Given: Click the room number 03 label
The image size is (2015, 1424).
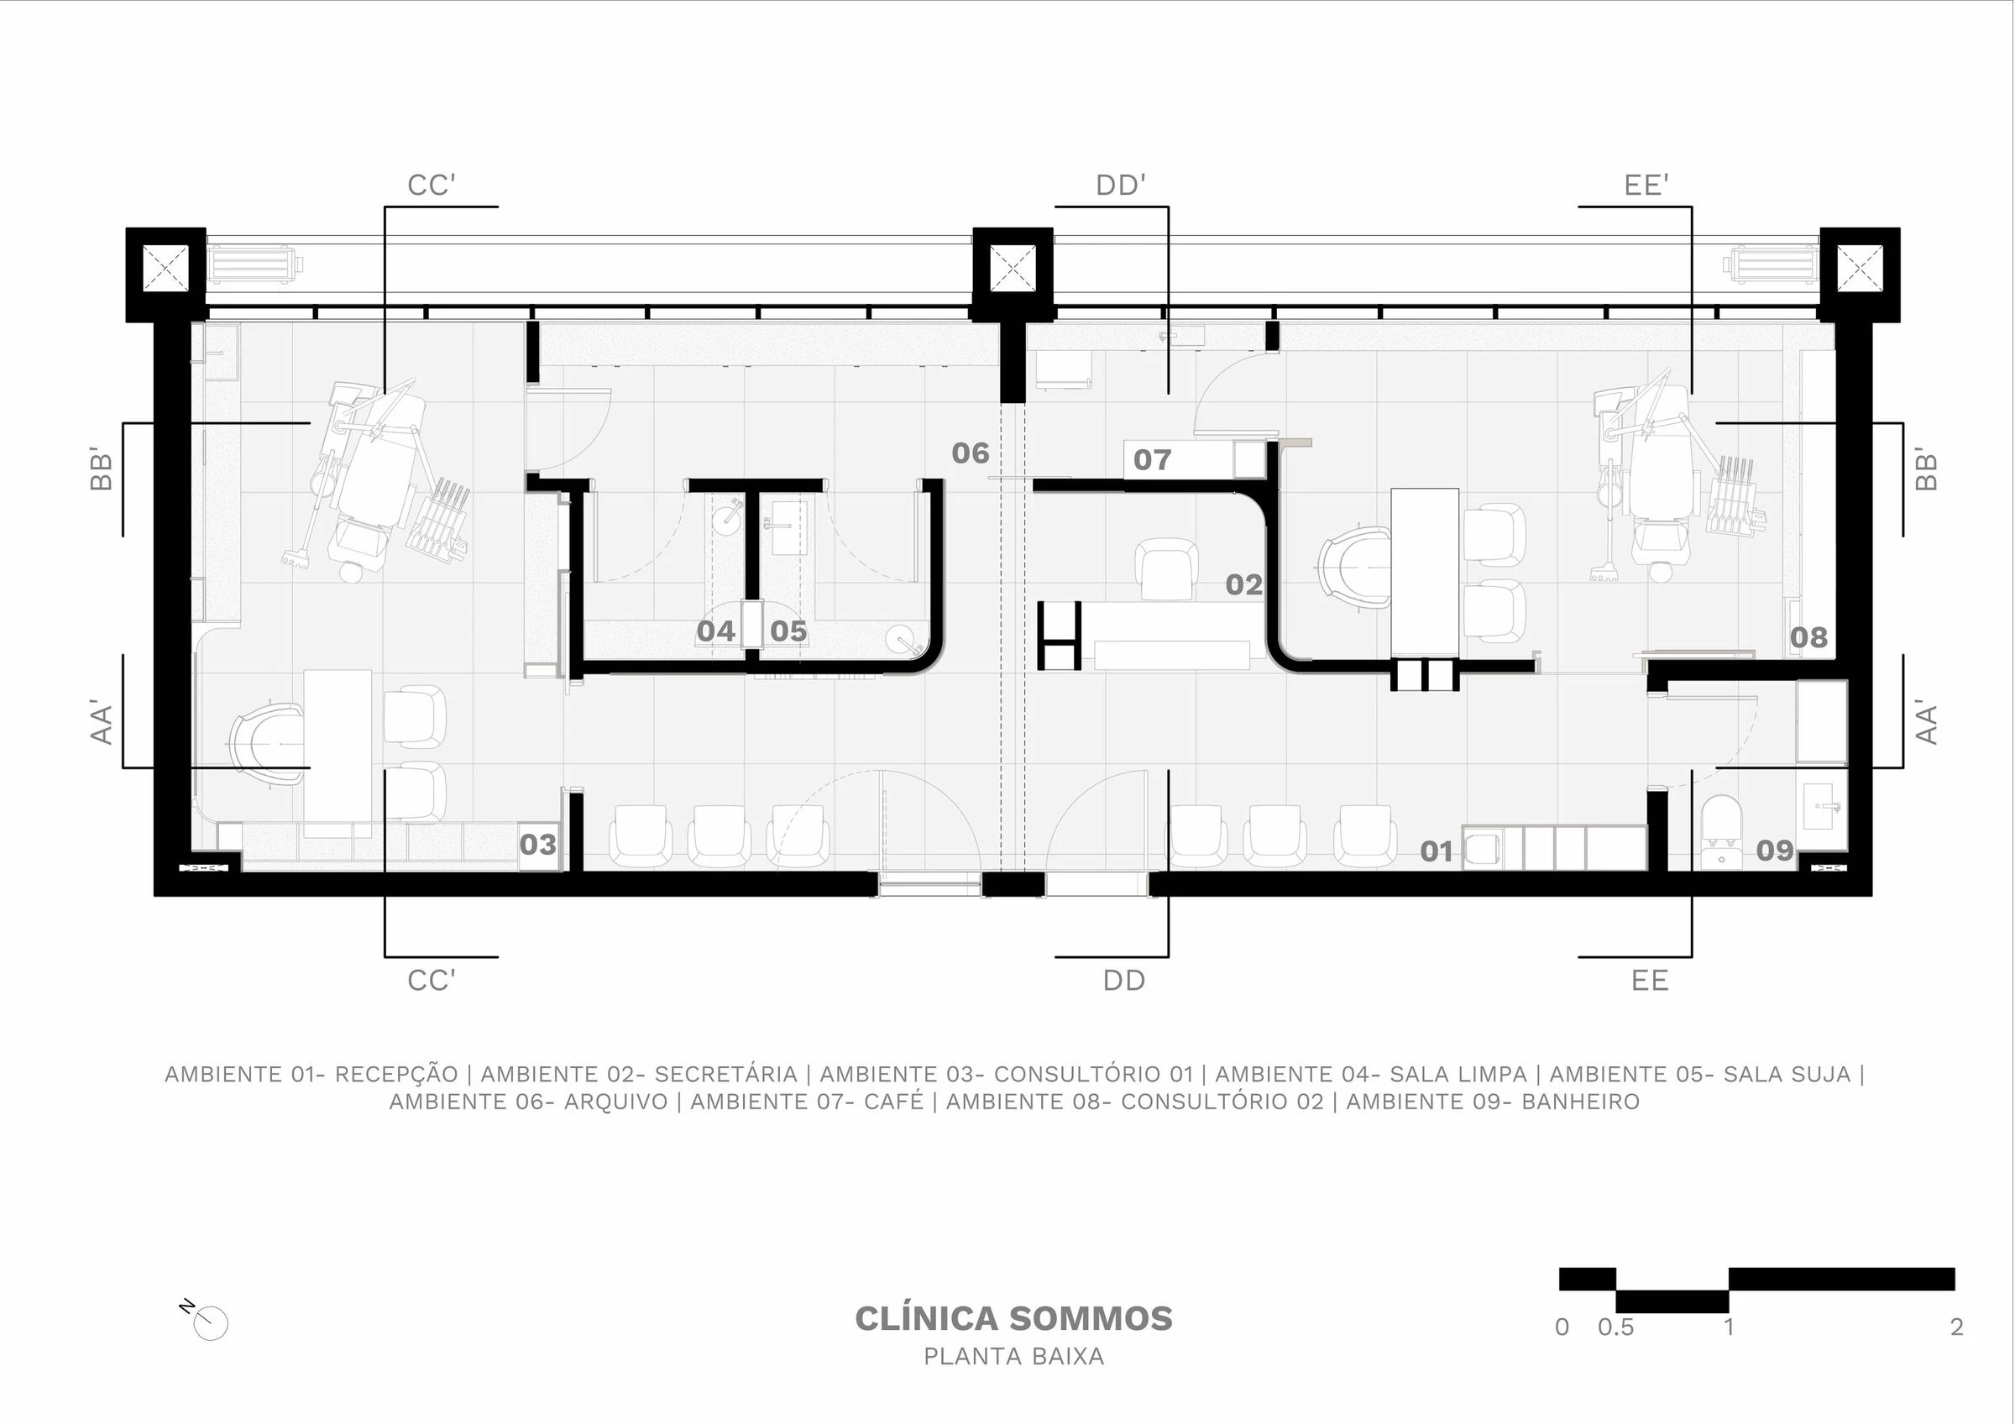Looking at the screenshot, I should click(x=537, y=844).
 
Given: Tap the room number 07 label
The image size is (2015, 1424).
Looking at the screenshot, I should click(x=1151, y=459).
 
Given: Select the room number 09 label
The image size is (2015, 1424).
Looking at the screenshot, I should click(x=1774, y=850).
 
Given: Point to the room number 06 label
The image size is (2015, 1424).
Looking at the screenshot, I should click(x=970, y=453).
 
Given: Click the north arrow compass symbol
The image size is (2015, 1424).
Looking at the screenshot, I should click(x=210, y=1322).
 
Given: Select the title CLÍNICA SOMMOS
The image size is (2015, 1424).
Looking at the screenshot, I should click(x=1013, y=1319).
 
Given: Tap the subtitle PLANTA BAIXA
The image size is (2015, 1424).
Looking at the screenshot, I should click(x=1013, y=1357).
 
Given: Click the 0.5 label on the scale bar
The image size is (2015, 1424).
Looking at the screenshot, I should click(x=1615, y=1327).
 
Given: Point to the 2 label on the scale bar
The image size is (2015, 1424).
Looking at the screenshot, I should click(x=1956, y=1327).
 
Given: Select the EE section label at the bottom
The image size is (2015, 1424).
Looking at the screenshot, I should click(x=1649, y=980).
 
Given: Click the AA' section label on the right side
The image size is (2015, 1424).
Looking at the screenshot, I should click(x=1924, y=722).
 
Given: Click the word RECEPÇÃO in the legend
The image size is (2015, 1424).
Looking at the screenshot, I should click(x=396, y=1074).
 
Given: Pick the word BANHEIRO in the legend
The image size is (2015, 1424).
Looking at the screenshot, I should click(x=1580, y=1102).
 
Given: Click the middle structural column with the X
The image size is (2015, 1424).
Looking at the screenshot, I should click(x=1012, y=268).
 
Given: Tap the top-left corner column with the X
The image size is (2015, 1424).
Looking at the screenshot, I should click(x=166, y=268).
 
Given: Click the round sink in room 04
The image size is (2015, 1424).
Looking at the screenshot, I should click(x=727, y=518).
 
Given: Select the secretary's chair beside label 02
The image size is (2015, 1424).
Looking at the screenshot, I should click(x=1165, y=568).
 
